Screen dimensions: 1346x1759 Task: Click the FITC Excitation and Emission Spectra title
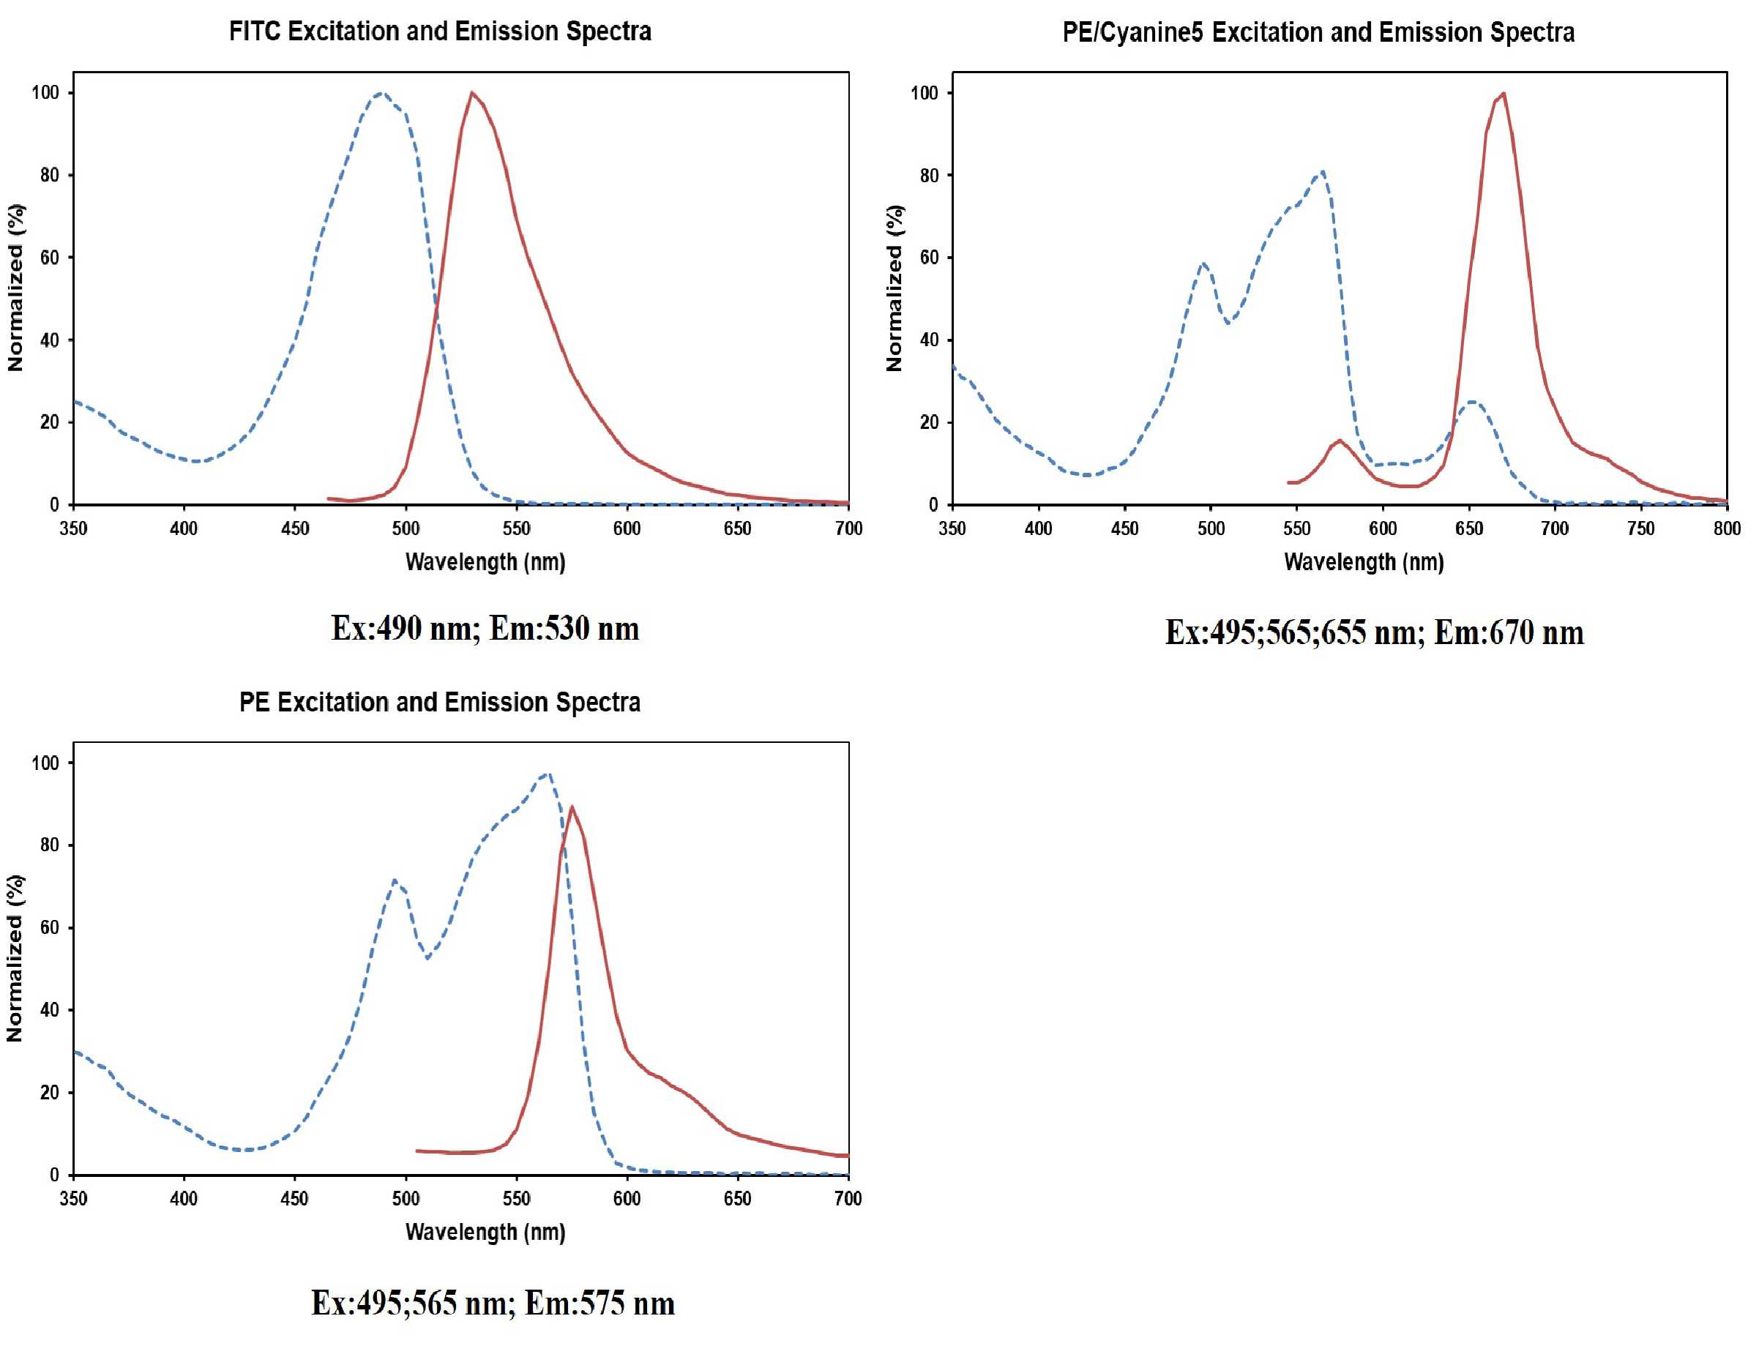440,31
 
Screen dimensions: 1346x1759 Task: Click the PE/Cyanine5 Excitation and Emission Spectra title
1318,32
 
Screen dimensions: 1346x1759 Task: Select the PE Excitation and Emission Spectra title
440,702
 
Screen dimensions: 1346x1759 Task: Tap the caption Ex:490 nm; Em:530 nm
485,628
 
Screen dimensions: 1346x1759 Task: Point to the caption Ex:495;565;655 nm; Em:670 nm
1375,632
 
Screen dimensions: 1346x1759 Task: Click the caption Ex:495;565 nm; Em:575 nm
493,1303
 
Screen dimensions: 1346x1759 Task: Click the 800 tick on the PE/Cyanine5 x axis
1727,528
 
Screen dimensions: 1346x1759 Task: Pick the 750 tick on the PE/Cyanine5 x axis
1640,528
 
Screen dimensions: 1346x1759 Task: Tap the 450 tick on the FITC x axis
295,528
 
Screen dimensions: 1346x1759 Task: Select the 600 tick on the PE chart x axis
627,1199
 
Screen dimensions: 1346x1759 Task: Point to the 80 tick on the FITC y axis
50,175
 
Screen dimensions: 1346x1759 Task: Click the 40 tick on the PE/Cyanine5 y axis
929,340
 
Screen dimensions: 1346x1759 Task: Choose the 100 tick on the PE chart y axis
45,763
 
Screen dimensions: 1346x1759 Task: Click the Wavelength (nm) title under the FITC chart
485,561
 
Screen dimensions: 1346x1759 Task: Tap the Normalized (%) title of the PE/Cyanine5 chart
895,288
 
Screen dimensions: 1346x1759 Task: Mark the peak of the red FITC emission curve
472,93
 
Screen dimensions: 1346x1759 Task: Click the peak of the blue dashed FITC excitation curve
381,94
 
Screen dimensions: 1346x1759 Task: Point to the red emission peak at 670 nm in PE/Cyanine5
1503,94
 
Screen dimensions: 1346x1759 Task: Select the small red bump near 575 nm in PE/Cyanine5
1339,441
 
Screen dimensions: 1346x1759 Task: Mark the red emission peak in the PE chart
572,807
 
